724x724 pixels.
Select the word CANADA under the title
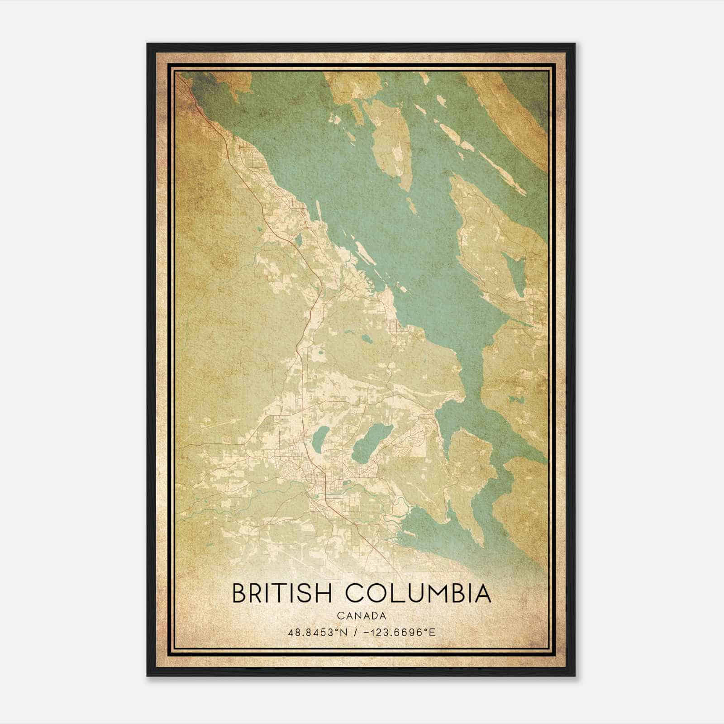pos(362,616)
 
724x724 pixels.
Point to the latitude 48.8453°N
pos(318,633)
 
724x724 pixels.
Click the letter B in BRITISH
pos(239,593)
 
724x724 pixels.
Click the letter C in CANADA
pos(339,616)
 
